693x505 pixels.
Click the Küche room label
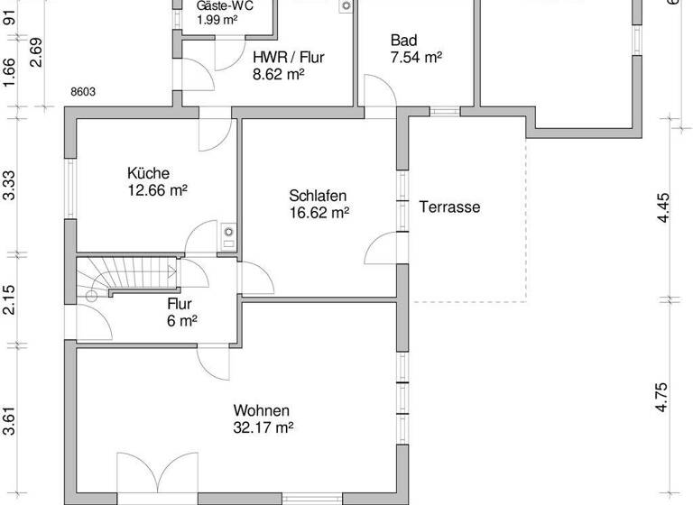click(148, 173)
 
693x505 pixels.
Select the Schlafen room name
click(318, 196)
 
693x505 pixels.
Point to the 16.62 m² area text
click(319, 213)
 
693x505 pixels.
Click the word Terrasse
click(449, 207)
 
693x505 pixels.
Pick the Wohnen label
click(261, 410)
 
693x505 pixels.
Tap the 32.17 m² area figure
click(263, 427)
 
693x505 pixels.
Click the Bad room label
click(402, 41)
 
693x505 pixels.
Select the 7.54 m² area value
click(415, 58)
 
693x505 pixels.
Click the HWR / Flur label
click(288, 57)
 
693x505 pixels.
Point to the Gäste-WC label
click(225, 5)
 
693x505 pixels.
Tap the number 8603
click(83, 91)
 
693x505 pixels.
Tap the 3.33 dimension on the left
click(9, 186)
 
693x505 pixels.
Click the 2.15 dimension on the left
click(9, 299)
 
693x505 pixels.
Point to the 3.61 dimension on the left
click(9, 421)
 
